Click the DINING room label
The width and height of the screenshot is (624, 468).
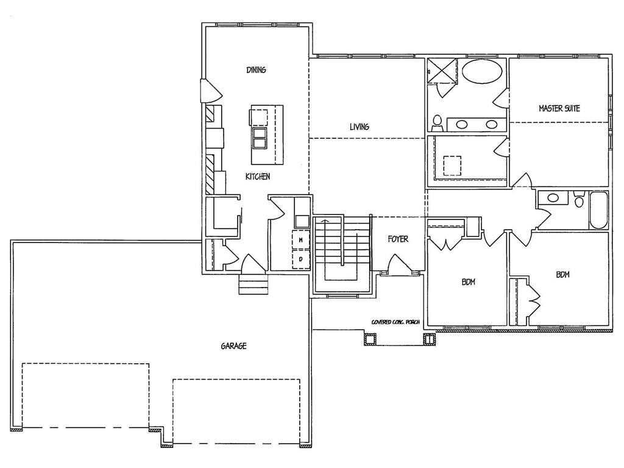[256, 70]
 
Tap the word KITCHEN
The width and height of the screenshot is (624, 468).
[257, 177]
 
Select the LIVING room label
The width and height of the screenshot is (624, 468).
[359, 127]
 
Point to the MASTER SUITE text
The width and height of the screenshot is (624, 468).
[559, 108]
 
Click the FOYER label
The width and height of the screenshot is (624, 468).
[398, 239]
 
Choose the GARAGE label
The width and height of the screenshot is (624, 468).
[233, 346]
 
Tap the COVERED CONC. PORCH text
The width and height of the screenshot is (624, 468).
[396, 322]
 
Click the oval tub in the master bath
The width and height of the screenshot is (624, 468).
[483, 72]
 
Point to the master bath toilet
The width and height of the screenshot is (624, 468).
[437, 122]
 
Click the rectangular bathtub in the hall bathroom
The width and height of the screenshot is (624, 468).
[598, 211]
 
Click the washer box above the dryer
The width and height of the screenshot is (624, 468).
[301, 241]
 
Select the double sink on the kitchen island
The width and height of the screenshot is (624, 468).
[260, 138]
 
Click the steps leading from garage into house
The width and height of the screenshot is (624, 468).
[253, 285]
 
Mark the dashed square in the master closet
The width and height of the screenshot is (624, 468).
[452, 165]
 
